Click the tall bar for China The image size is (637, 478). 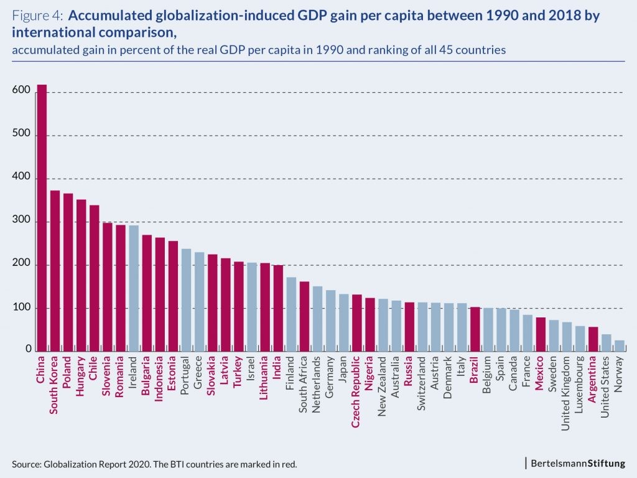click(x=42, y=218)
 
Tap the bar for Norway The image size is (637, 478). click(x=620, y=345)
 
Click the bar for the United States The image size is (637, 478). click(x=607, y=343)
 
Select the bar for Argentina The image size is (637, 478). click(x=593, y=339)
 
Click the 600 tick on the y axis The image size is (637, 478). click(x=21, y=91)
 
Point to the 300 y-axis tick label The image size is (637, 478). click(x=21, y=222)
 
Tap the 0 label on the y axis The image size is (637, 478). click(x=28, y=350)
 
